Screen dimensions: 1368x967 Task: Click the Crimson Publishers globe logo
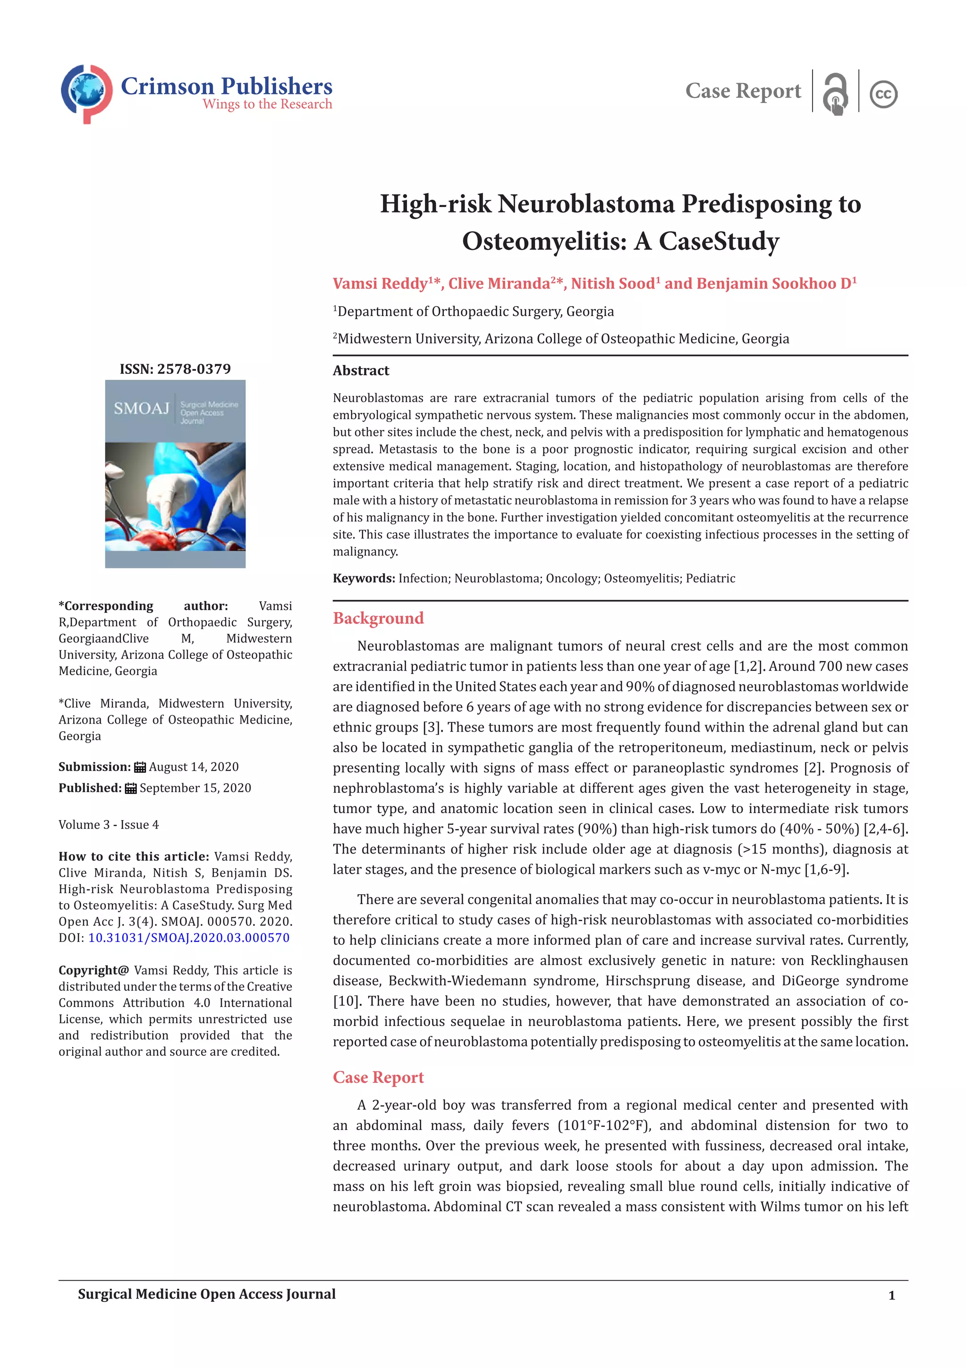(86, 93)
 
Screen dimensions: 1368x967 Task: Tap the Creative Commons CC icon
(883, 94)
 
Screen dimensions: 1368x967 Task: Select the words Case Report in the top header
(743, 91)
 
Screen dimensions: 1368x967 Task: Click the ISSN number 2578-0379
(194, 369)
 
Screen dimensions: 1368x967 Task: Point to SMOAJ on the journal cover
(142, 409)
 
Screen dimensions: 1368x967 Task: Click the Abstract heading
(361, 371)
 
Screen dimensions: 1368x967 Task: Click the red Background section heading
(378, 618)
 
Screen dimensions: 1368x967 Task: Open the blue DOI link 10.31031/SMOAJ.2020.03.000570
(189, 938)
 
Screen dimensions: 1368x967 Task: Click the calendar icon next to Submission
(140, 768)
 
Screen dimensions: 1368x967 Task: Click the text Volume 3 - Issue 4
(109, 825)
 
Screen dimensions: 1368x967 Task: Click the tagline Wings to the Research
(267, 104)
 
